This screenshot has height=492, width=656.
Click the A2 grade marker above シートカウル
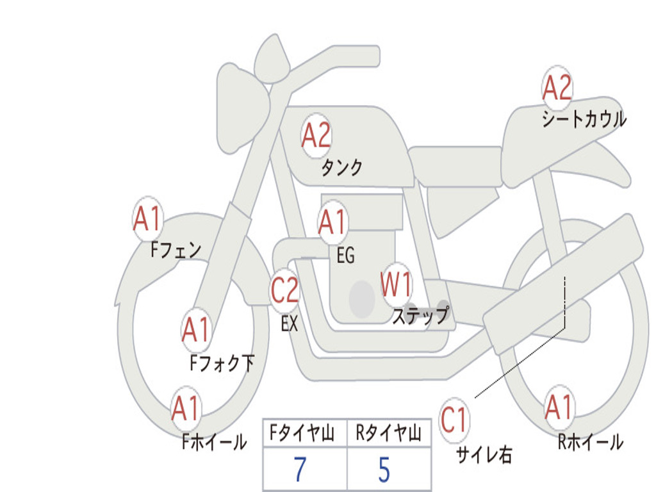(557, 88)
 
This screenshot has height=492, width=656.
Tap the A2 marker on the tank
(316, 135)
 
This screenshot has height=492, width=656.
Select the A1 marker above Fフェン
(148, 220)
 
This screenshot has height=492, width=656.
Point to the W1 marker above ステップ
(397, 284)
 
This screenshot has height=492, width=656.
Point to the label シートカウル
(584, 119)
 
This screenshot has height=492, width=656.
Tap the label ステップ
(420, 316)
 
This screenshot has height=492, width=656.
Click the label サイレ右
(484, 454)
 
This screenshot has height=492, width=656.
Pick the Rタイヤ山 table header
(388, 434)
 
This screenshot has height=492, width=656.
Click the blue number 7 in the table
(300, 470)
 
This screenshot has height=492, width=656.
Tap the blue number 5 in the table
(384, 470)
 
